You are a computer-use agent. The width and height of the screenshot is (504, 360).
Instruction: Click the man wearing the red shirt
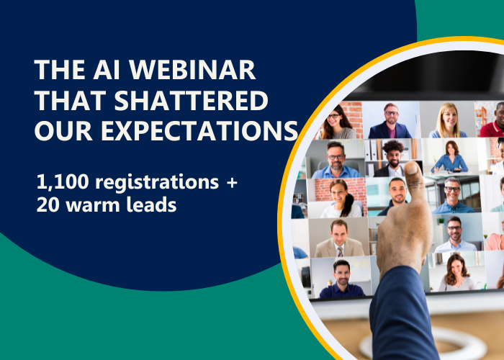495,119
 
